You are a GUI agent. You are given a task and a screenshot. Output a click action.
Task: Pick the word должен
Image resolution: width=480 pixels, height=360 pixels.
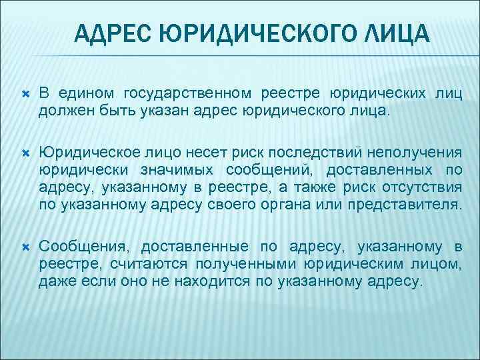click(x=62, y=109)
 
